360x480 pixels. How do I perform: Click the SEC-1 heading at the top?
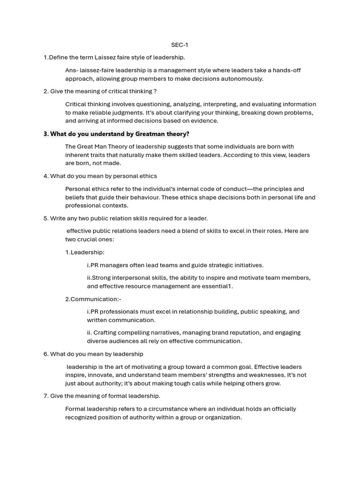click(x=180, y=45)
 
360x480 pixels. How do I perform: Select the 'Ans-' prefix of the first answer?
click(x=72, y=70)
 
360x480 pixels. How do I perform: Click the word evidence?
click(x=205, y=121)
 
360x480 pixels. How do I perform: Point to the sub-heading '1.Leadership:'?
click(x=85, y=252)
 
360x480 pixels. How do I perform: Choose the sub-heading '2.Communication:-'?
click(x=93, y=299)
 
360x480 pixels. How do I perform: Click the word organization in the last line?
click(x=222, y=417)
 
